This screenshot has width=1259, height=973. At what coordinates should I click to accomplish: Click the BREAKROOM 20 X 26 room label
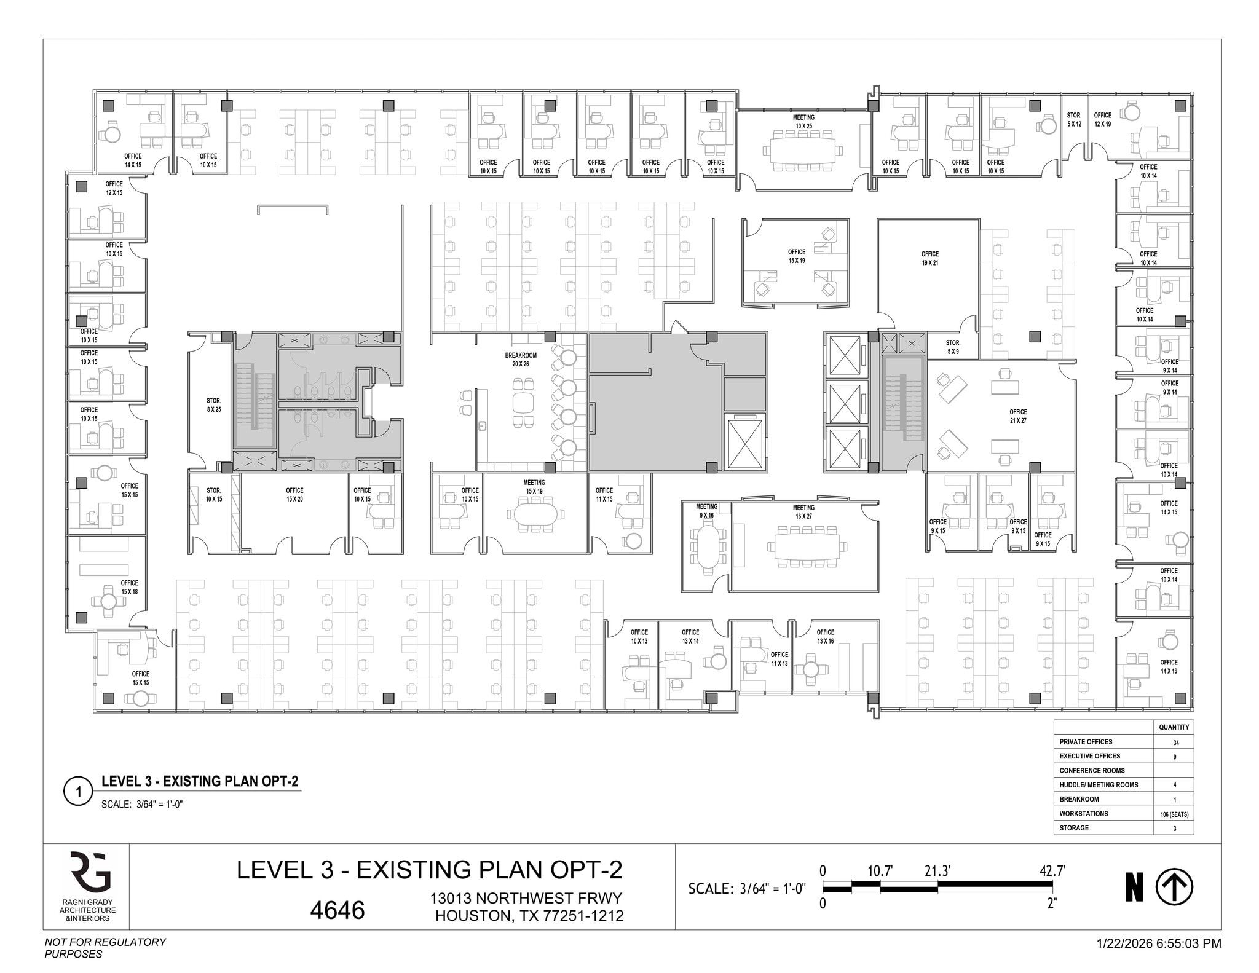pos(521,360)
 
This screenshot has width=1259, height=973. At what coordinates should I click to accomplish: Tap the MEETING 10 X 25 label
pos(803,122)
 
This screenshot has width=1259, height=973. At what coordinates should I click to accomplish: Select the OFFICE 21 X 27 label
pos(1017,416)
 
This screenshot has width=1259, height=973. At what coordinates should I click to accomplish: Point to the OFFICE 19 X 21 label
pos(929,258)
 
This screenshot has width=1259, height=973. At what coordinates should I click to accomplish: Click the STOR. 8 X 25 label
pos(213,405)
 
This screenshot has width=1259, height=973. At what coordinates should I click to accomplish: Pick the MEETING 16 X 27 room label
pos(803,512)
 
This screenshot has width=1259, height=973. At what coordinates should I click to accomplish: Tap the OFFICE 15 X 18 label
pos(129,587)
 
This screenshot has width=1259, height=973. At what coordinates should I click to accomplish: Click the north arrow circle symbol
pos(1174,888)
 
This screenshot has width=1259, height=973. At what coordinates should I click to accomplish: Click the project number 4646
pos(337,910)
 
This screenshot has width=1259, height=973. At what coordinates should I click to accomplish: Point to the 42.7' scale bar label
pos(1052,871)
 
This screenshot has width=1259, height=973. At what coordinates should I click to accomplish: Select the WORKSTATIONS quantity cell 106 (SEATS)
pos(1174,814)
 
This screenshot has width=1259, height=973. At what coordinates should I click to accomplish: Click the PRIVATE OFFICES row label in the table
pos(1086,742)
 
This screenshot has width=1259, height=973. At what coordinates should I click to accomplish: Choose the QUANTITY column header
pos(1174,727)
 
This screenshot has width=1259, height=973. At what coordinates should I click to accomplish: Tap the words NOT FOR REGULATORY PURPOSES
pos(105,948)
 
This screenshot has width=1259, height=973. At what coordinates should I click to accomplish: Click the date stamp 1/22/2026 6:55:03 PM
pos(1158,943)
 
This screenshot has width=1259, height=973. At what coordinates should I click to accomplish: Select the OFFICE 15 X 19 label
pos(796,256)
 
